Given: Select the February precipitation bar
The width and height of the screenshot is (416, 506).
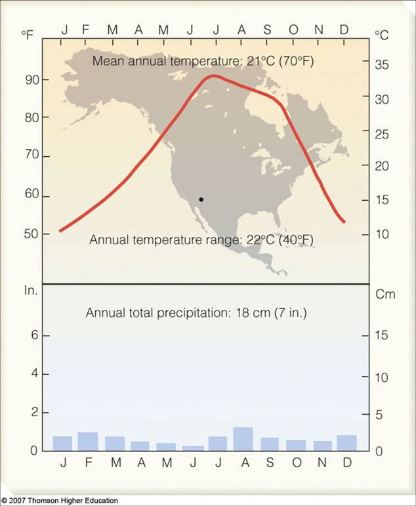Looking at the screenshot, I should pyautogui.click(x=87, y=441).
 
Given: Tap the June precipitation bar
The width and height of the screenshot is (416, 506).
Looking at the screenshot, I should pyautogui.click(x=192, y=448).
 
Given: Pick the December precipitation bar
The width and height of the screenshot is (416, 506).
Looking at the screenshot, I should pyautogui.click(x=346, y=442).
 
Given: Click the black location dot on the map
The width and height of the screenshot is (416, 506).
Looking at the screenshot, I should pyautogui.click(x=201, y=199).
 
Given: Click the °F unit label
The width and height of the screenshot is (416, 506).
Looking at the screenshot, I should pyautogui.click(x=27, y=35).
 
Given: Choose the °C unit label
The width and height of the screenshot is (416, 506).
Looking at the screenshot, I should pyautogui.click(x=381, y=35).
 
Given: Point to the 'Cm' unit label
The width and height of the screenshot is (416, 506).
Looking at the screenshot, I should pyautogui.click(x=385, y=294).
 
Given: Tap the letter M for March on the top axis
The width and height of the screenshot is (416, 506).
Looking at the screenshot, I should pyautogui.click(x=113, y=30).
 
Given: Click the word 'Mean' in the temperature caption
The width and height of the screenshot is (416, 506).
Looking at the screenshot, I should pyautogui.click(x=107, y=62).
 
